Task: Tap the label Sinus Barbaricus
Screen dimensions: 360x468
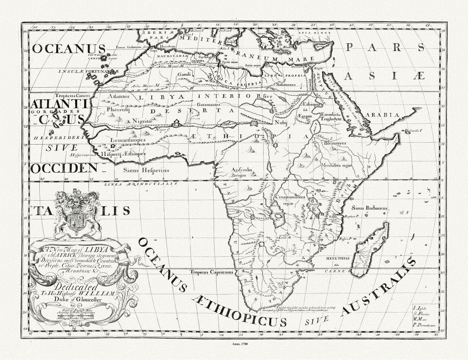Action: coord(369,208)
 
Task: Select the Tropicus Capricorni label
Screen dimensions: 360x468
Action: coord(211,272)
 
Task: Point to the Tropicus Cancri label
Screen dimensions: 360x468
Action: coord(73,95)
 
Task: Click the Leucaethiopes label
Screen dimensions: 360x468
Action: coord(128,140)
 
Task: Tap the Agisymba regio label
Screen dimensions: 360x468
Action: coord(242,172)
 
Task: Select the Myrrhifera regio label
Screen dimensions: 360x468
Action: coord(336,165)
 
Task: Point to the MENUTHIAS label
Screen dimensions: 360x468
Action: coord(338,258)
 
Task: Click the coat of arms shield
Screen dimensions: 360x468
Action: coord(78,221)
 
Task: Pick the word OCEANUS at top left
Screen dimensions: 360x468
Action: coord(69,49)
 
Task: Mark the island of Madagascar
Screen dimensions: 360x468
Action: coord(370,249)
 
